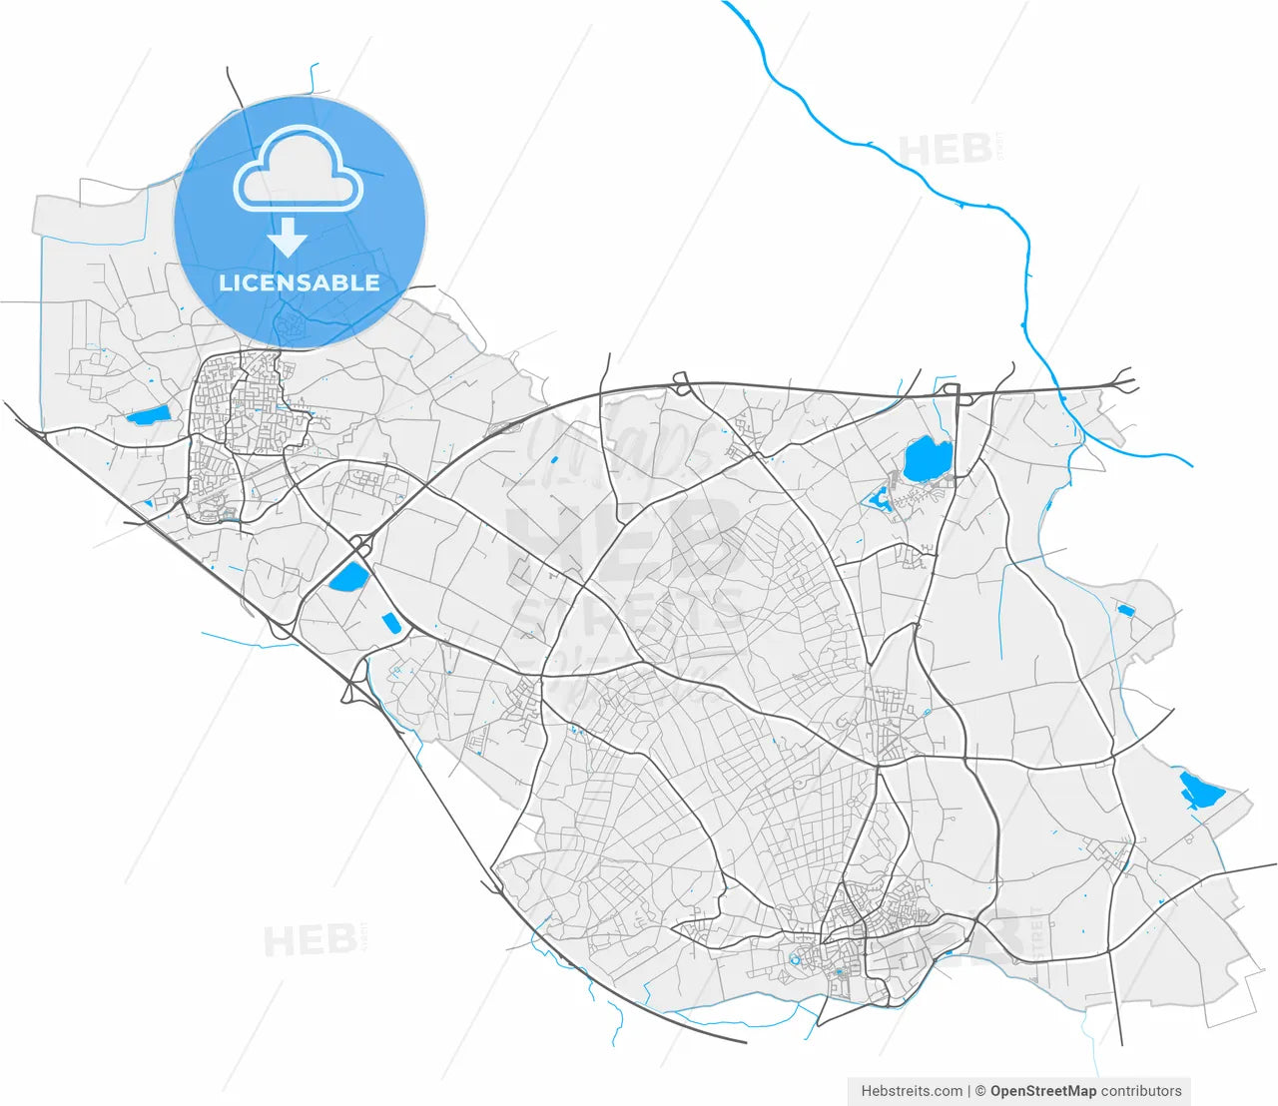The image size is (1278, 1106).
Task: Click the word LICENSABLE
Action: [300, 282]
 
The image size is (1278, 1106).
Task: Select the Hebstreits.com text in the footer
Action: [912, 1091]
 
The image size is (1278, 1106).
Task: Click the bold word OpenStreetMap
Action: [1042, 1091]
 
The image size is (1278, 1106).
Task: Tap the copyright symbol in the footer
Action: [980, 1091]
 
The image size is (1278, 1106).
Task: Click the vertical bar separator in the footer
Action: [969, 1091]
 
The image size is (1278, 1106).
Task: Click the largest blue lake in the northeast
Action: [927, 459]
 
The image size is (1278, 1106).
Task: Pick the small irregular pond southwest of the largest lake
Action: [880, 499]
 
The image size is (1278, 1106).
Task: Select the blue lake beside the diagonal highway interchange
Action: [348, 577]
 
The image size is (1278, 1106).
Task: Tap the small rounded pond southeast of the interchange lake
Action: [390, 623]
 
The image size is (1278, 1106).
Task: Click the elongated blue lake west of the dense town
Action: [147, 417]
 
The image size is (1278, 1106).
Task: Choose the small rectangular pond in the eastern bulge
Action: [1125, 610]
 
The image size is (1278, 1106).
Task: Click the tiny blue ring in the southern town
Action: [795, 960]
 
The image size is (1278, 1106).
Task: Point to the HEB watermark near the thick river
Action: [946, 150]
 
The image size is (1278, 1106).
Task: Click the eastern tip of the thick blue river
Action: [1191, 465]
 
